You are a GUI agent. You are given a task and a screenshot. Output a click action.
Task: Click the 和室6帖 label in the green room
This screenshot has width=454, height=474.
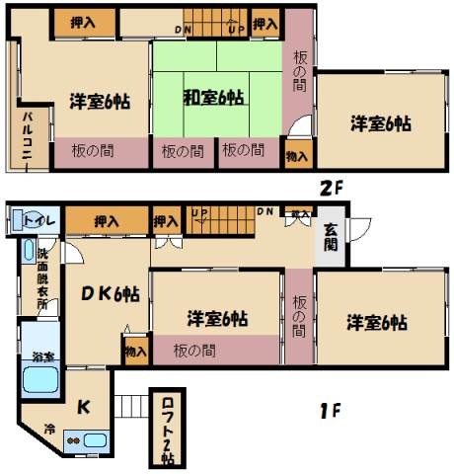coord(213,98)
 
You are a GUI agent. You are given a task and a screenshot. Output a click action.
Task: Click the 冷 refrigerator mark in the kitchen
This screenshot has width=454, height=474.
coord(48,430)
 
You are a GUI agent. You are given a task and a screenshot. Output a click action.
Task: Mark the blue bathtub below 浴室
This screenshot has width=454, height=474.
coord(40,379)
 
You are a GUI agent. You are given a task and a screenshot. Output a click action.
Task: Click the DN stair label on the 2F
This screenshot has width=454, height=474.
coord(184,30)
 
